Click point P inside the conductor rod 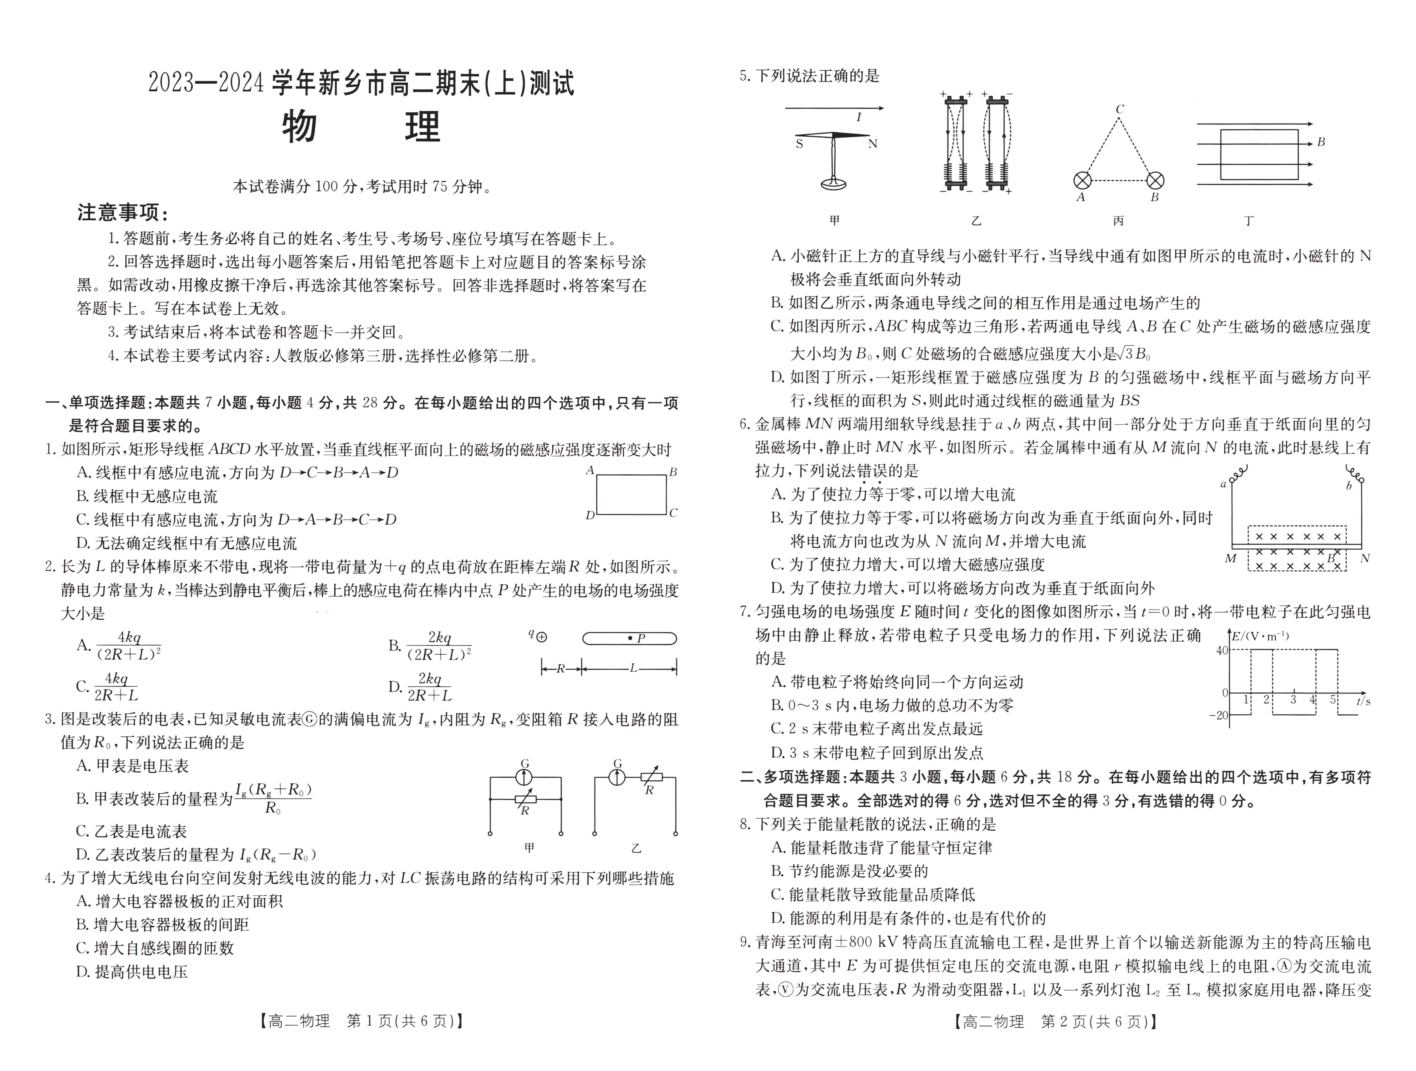pyautogui.click(x=631, y=638)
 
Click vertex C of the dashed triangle pyautogui.click(x=1119, y=110)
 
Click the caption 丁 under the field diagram pyautogui.click(x=1248, y=221)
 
